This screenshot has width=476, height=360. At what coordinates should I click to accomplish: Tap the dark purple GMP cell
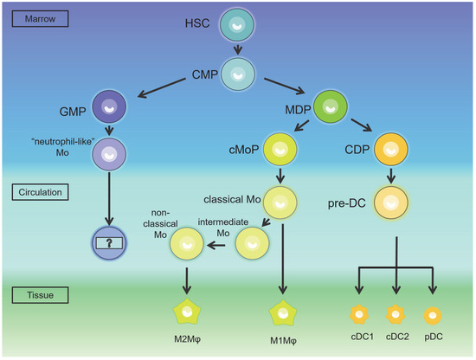[x=109, y=110]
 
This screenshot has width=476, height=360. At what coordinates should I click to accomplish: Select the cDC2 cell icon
[x=395, y=312]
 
